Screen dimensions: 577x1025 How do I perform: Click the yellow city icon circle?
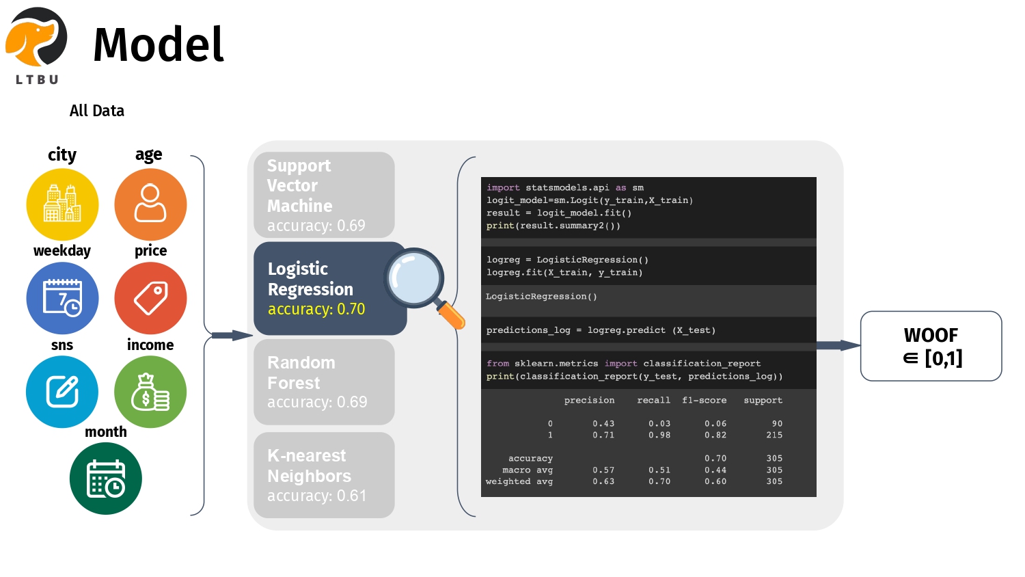[62, 204]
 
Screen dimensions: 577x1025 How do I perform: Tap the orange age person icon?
[150, 204]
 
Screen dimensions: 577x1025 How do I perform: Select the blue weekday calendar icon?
[62, 298]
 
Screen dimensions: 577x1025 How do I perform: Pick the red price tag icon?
[150, 298]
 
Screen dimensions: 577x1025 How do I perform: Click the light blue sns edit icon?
[62, 392]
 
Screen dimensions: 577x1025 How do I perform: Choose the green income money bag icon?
[150, 392]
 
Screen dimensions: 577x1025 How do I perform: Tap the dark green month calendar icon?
[106, 479]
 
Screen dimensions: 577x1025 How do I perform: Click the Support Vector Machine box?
[324, 195]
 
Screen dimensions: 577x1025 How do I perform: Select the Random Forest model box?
[324, 382]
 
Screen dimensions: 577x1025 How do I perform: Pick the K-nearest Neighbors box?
[324, 475]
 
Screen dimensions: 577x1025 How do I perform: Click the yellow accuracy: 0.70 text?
[316, 309]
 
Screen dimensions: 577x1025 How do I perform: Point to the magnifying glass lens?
[414, 278]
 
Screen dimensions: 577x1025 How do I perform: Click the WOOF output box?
[931, 346]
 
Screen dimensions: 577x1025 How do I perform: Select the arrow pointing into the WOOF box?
[838, 345]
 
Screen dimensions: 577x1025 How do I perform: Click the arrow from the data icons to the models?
[232, 335]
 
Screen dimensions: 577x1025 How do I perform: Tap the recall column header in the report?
[653, 401]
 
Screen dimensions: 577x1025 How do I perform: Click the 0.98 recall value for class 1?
[659, 435]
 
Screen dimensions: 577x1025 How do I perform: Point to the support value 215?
[774, 435]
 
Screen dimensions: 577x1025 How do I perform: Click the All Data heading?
[97, 111]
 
